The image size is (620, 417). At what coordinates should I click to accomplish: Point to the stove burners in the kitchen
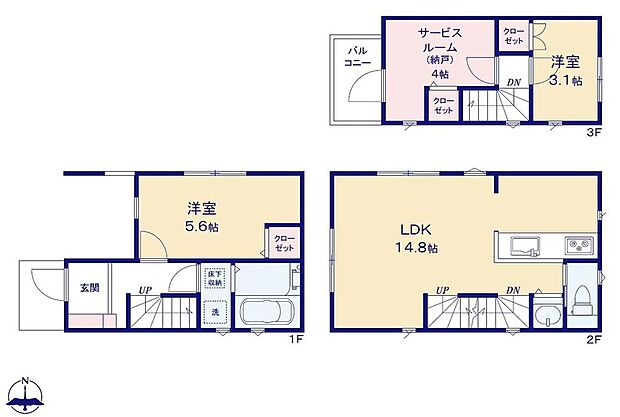pos(579,245)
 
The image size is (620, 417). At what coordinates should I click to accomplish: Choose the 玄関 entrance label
pos(90,288)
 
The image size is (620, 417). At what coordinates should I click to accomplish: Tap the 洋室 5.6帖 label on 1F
pos(202,218)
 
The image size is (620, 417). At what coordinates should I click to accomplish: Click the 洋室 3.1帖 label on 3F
pos(566,70)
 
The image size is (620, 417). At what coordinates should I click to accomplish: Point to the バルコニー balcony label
pos(359,56)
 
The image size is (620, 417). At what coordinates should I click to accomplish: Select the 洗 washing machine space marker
pos(214,310)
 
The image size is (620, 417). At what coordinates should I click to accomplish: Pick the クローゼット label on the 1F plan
pos(285,241)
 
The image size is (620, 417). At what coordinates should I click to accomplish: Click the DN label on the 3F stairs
pos(513,82)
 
